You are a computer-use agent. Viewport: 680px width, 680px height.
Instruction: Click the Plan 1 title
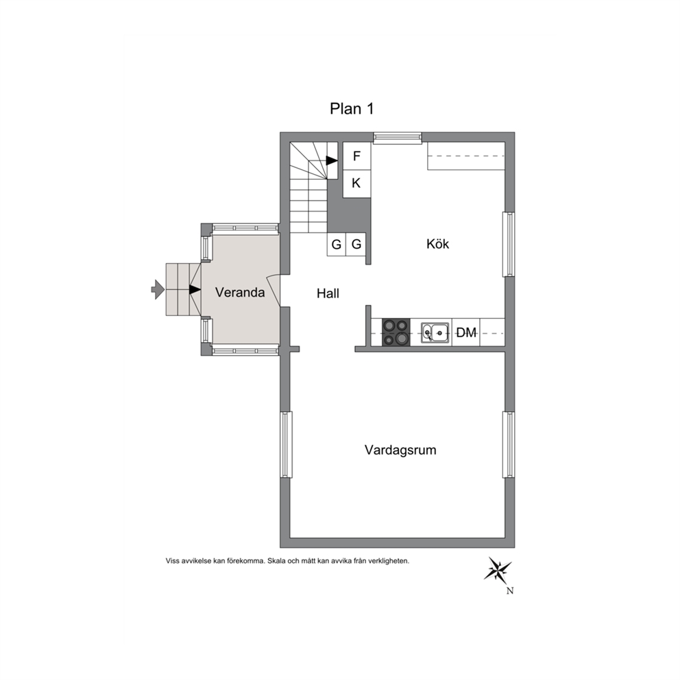point(351,108)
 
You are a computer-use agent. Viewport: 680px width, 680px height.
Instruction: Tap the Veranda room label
point(240,292)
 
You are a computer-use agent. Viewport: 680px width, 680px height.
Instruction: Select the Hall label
point(328,293)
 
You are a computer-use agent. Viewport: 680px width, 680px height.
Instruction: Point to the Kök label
point(437,244)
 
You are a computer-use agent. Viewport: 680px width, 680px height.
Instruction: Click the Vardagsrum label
point(400,450)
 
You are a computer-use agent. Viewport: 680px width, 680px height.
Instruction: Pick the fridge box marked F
point(357,156)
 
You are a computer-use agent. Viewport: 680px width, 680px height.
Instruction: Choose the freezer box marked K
point(357,184)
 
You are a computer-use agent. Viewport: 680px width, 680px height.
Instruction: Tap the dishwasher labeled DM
point(465,332)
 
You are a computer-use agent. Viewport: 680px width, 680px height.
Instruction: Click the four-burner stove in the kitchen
point(396,332)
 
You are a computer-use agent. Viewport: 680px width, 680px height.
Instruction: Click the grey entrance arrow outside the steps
point(158,289)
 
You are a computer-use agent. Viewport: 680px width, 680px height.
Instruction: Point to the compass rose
point(498,570)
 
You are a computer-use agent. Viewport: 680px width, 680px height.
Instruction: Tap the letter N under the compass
point(510,591)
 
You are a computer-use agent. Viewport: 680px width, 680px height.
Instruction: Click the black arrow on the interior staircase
point(332,160)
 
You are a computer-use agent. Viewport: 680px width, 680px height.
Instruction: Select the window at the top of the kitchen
point(398,138)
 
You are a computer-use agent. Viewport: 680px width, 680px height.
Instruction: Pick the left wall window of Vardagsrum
point(285,444)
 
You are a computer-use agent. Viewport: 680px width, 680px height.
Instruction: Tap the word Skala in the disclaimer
point(276,561)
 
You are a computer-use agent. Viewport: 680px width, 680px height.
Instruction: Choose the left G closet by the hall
point(336,245)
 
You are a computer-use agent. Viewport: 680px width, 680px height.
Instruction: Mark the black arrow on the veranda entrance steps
point(195,289)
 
